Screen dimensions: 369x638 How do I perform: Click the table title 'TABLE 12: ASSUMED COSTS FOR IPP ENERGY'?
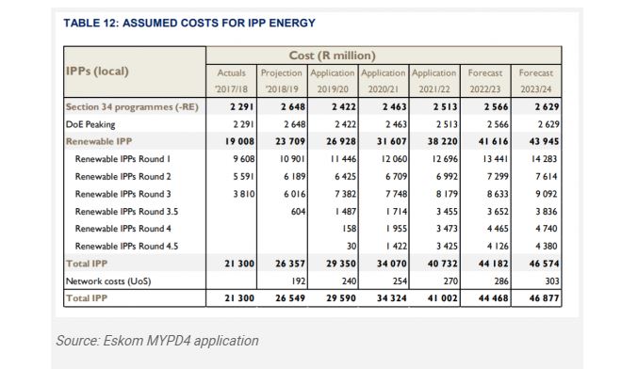point(188,22)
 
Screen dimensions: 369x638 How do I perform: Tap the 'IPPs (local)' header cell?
point(97,72)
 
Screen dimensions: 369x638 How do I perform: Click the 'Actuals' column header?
point(230,72)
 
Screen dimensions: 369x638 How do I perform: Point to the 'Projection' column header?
point(281,72)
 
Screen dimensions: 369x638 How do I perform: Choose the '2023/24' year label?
point(536,89)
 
